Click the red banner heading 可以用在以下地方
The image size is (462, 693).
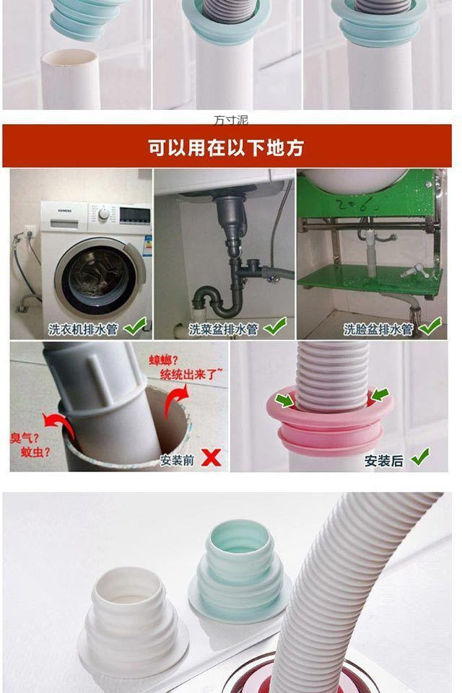point(226,148)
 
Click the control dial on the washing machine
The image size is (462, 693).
point(104,214)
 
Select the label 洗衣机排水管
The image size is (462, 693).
point(83,329)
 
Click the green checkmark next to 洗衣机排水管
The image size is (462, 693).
point(134,327)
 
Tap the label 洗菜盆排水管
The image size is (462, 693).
point(223,329)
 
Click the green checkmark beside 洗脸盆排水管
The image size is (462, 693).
point(430,327)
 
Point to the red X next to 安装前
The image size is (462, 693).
point(210,458)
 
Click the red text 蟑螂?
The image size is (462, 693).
point(164,360)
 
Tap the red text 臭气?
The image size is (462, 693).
point(25,438)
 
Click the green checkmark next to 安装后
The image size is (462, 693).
point(419,457)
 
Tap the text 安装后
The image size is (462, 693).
point(384,460)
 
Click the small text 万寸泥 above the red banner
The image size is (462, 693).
point(231,120)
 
